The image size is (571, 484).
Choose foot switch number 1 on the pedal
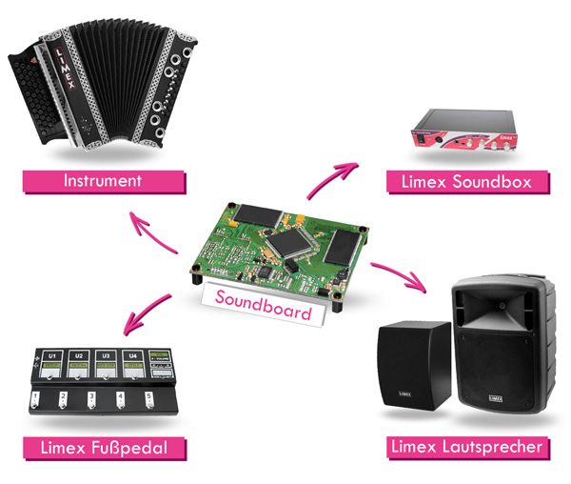pyautogui.click(x=36, y=398)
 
